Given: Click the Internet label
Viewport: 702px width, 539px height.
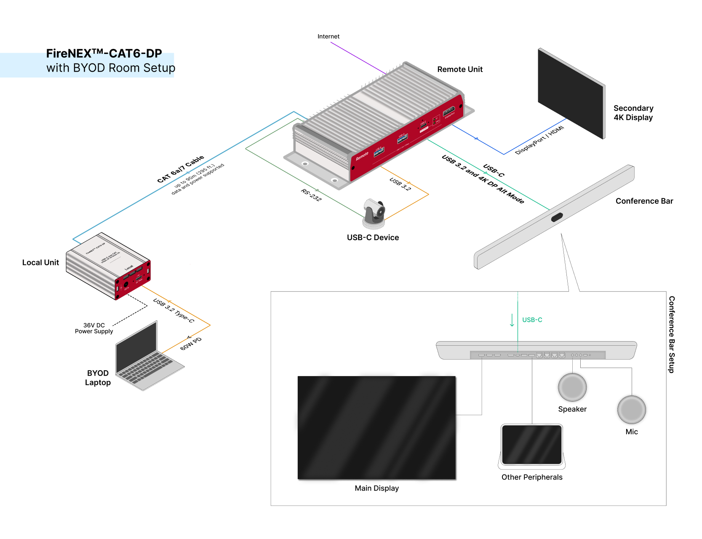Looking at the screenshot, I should [328, 37].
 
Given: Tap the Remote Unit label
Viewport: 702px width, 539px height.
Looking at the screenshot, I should [460, 69].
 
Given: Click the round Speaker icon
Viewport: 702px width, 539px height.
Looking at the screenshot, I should [572, 387].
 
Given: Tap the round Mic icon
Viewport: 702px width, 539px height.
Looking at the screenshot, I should [631, 410].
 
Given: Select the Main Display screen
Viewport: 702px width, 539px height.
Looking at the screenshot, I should [376, 427].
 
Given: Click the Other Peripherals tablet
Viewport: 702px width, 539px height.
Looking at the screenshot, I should [532, 446].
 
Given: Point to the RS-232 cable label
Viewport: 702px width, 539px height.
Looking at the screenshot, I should [311, 195].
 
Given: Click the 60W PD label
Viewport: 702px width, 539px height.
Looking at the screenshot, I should [191, 344].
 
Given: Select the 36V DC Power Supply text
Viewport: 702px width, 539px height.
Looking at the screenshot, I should [94, 328].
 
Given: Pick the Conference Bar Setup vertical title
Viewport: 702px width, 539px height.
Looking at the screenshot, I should [672, 334].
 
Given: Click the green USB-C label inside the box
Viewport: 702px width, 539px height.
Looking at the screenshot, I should [532, 320].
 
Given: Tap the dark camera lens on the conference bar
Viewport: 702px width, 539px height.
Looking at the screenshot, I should [557, 218].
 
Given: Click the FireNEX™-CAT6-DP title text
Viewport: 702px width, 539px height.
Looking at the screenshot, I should [104, 54].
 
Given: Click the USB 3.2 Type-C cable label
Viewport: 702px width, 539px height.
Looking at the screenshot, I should [173, 311].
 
